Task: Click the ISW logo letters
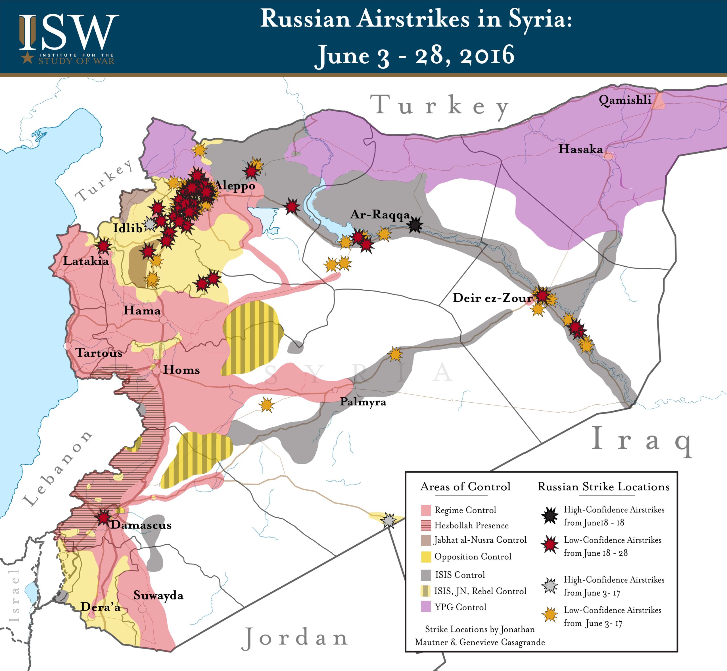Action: pos(69,33)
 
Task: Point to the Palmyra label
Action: pos(363,402)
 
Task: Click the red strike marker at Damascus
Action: pos(103,517)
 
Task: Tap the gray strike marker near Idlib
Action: pos(150,224)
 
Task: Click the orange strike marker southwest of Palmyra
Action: pos(267,404)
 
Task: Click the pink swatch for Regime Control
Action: pos(426,510)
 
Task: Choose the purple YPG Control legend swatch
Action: pos(426,607)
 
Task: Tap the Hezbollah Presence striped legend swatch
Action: pos(426,525)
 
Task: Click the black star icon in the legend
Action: pos(550,516)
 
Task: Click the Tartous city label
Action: pos(99,353)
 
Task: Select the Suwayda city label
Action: pos(158,595)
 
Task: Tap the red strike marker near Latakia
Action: pos(103,246)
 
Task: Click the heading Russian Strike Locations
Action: pos(603,486)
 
